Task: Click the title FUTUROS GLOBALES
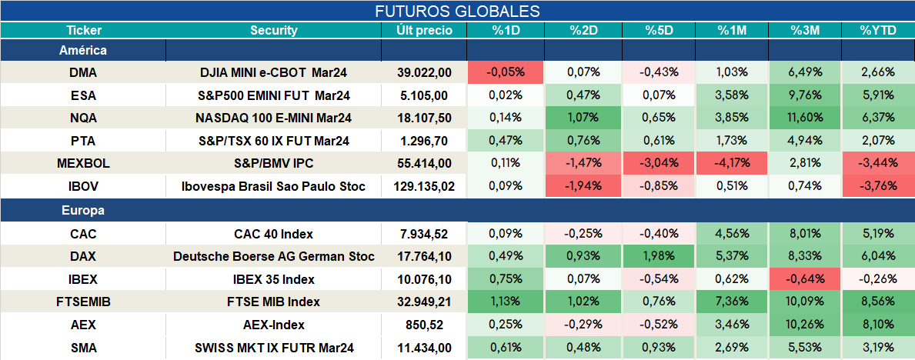[x=457, y=11]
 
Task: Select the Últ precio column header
[x=424, y=30]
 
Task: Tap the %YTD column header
[x=877, y=30]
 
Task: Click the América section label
[x=83, y=50]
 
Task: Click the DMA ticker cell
[x=83, y=72]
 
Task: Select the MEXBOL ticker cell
[x=83, y=164]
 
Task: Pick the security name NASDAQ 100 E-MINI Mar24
[x=274, y=118]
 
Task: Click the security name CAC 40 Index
[x=274, y=234]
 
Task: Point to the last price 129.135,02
[x=424, y=187]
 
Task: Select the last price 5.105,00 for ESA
[x=424, y=95]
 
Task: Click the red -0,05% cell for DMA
[x=506, y=72]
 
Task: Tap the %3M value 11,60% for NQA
[x=805, y=118]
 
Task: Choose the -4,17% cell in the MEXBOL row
[x=732, y=164]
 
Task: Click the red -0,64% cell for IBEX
[x=805, y=279]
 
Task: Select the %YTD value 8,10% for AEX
[x=877, y=325]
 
